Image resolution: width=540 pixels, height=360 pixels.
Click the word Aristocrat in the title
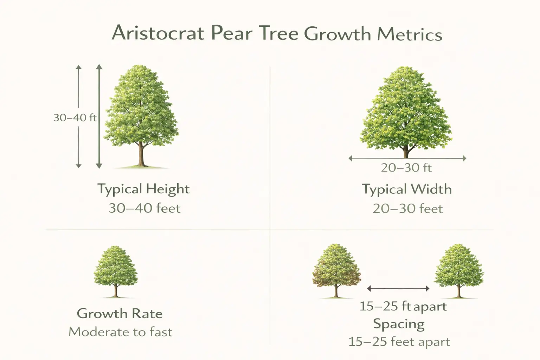pos(158,33)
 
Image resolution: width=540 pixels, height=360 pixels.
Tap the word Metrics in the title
pos(410,34)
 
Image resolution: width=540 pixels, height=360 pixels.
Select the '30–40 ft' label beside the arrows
pos(75,117)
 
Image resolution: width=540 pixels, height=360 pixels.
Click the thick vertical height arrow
pos(99,116)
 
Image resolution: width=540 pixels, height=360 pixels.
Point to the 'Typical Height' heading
pos(143,189)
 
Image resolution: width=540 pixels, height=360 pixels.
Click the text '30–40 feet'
pos(144,208)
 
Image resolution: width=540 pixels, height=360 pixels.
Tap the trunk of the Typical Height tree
pos(141,155)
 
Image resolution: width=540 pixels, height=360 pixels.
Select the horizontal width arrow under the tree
pos(407,159)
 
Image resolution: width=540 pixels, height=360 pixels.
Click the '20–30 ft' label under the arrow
pos(406,168)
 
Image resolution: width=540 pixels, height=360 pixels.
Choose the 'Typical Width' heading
pos(407,189)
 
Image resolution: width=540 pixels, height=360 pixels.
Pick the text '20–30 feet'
pos(407,209)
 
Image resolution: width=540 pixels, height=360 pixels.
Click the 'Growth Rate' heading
pos(120,313)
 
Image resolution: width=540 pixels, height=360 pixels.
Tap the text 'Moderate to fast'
pos(120,332)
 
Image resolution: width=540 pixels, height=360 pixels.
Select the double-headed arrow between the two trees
pos(398,289)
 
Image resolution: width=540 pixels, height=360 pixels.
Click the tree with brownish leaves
pos(336,269)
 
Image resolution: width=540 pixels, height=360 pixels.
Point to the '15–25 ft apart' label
pos(403,306)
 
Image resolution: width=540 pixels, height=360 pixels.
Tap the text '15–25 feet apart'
pos(399,342)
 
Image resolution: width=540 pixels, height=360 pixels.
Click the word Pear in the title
pos(232,33)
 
